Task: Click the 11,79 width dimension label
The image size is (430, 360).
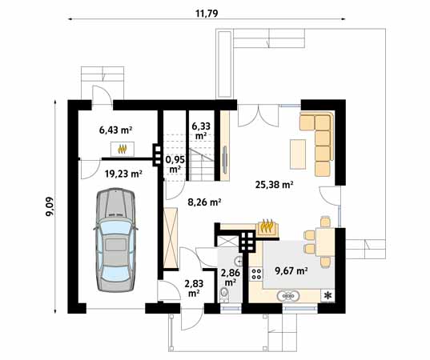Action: (x=207, y=13)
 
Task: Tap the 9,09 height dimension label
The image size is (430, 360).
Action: (x=50, y=206)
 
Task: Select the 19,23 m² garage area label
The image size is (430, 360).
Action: (x=123, y=174)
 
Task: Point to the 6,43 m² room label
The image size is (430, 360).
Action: (x=116, y=130)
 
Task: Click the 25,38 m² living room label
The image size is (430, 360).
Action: (x=275, y=185)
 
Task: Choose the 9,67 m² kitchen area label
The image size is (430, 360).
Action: (x=291, y=270)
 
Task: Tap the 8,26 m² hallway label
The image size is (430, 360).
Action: (x=204, y=202)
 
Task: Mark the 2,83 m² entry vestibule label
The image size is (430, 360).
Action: (x=194, y=288)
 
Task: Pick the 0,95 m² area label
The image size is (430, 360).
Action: (x=175, y=164)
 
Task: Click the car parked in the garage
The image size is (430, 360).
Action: (x=116, y=240)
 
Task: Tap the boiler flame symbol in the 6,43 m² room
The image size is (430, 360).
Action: (x=123, y=149)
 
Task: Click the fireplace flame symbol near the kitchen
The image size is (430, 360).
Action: (x=267, y=226)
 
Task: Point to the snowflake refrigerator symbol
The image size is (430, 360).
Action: (x=328, y=295)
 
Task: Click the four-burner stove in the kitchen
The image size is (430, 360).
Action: (x=257, y=274)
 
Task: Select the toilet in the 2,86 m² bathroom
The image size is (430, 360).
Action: (x=224, y=294)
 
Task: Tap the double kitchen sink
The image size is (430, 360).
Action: (x=287, y=296)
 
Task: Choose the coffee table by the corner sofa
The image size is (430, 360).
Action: (x=298, y=154)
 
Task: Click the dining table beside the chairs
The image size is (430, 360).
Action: (x=325, y=242)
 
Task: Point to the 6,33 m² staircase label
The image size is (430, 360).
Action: (x=201, y=130)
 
